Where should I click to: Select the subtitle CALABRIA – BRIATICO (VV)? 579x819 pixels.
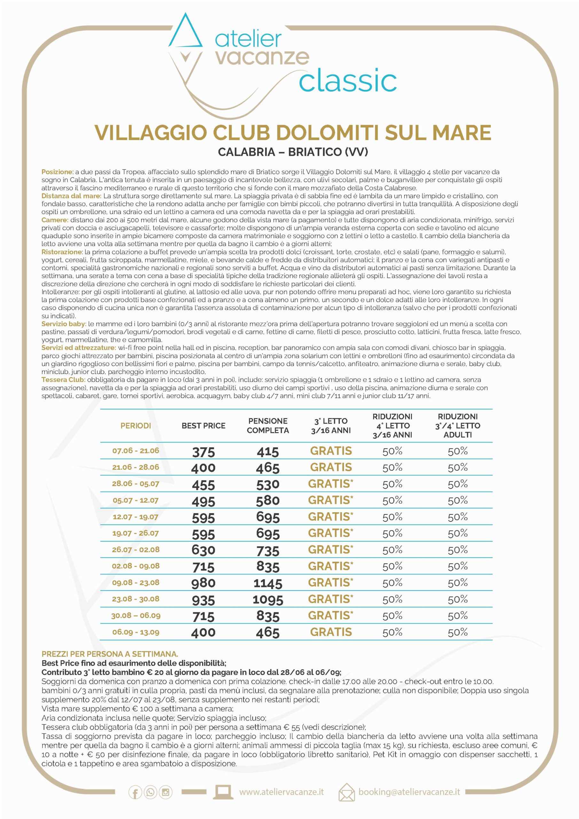(293, 152)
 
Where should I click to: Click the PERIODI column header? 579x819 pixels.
(136, 425)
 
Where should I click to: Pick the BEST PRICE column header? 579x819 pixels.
(203, 425)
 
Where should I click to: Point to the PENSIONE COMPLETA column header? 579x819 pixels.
(268, 425)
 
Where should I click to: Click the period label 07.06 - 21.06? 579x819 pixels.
(136, 451)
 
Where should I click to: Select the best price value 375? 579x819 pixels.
(203, 452)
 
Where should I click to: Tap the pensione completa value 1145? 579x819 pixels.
(268, 584)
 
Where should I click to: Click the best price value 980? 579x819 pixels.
(203, 583)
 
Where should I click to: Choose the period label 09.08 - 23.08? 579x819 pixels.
(136, 583)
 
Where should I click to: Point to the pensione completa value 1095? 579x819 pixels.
(268, 600)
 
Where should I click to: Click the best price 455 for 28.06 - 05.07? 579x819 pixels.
(203, 485)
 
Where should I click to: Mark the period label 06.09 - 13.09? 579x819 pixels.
(136, 632)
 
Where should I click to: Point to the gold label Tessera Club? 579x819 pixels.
(63, 379)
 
